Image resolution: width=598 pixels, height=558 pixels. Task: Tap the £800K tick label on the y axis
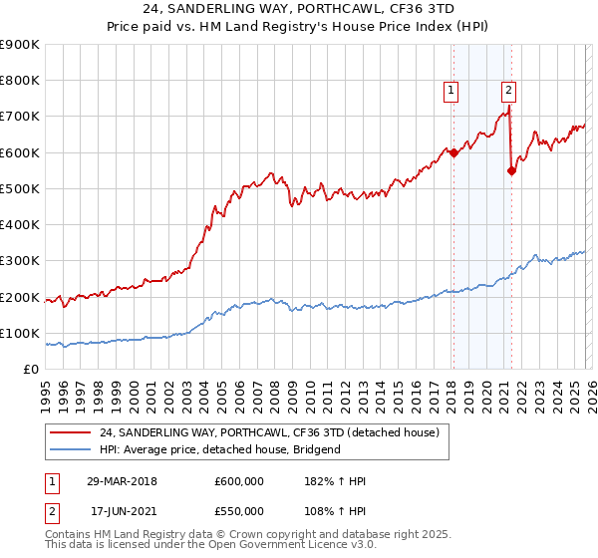20,81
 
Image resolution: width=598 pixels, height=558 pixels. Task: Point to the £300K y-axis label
20,261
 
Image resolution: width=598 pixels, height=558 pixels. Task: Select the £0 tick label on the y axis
30,370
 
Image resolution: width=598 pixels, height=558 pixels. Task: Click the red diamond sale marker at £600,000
453,152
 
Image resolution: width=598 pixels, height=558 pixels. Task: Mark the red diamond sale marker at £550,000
511,170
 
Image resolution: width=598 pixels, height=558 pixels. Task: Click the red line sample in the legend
72,432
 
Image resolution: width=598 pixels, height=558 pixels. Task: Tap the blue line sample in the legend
72,449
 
